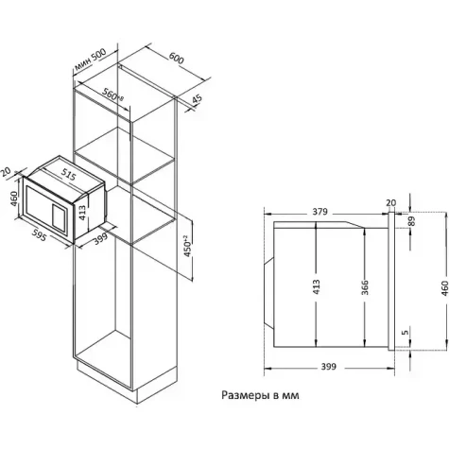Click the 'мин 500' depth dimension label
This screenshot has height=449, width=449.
[x=90, y=60]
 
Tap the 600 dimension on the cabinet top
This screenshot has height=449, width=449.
[x=176, y=58]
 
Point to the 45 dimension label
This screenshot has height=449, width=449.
[x=197, y=99]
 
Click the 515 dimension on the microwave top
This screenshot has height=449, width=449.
[x=68, y=175]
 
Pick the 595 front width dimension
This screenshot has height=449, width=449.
[x=40, y=234]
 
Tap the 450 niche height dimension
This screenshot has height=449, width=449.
[x=187, y=246]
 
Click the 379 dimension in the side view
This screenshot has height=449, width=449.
[x=320, y=212]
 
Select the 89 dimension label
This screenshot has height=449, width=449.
[x=411, y=221]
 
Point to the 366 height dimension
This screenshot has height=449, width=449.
[x=365, y=287]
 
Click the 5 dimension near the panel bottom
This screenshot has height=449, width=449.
[x=406, y=332]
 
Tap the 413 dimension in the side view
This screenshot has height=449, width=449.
[x=316, y=286]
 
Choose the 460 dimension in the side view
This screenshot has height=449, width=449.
[x=444, y=288]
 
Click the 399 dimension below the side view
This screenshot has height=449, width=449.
[x=329, y=367]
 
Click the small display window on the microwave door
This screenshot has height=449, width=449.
[x=60, y=216]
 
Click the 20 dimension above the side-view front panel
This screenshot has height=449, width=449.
[x=390, y=203]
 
